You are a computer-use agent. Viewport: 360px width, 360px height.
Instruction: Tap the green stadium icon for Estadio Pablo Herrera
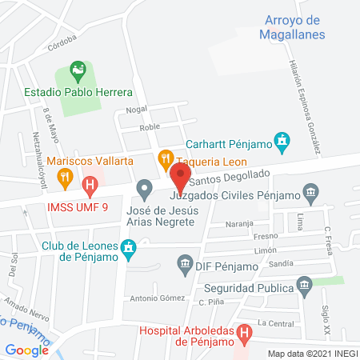78,71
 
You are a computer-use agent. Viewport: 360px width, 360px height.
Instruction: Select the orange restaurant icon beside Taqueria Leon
166,158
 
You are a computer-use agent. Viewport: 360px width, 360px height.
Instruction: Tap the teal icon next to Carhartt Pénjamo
282,142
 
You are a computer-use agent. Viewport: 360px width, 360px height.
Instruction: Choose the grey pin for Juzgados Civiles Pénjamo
311,192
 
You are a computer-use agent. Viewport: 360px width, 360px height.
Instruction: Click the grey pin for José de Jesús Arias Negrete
145,190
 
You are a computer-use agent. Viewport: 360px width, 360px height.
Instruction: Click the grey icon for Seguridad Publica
303,284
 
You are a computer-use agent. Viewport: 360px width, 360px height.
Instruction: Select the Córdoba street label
62,46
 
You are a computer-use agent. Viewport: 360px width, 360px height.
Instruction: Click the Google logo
27,350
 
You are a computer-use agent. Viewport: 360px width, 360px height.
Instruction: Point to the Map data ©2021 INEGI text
312,354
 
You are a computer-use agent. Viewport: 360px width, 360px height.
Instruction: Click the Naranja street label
238,224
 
